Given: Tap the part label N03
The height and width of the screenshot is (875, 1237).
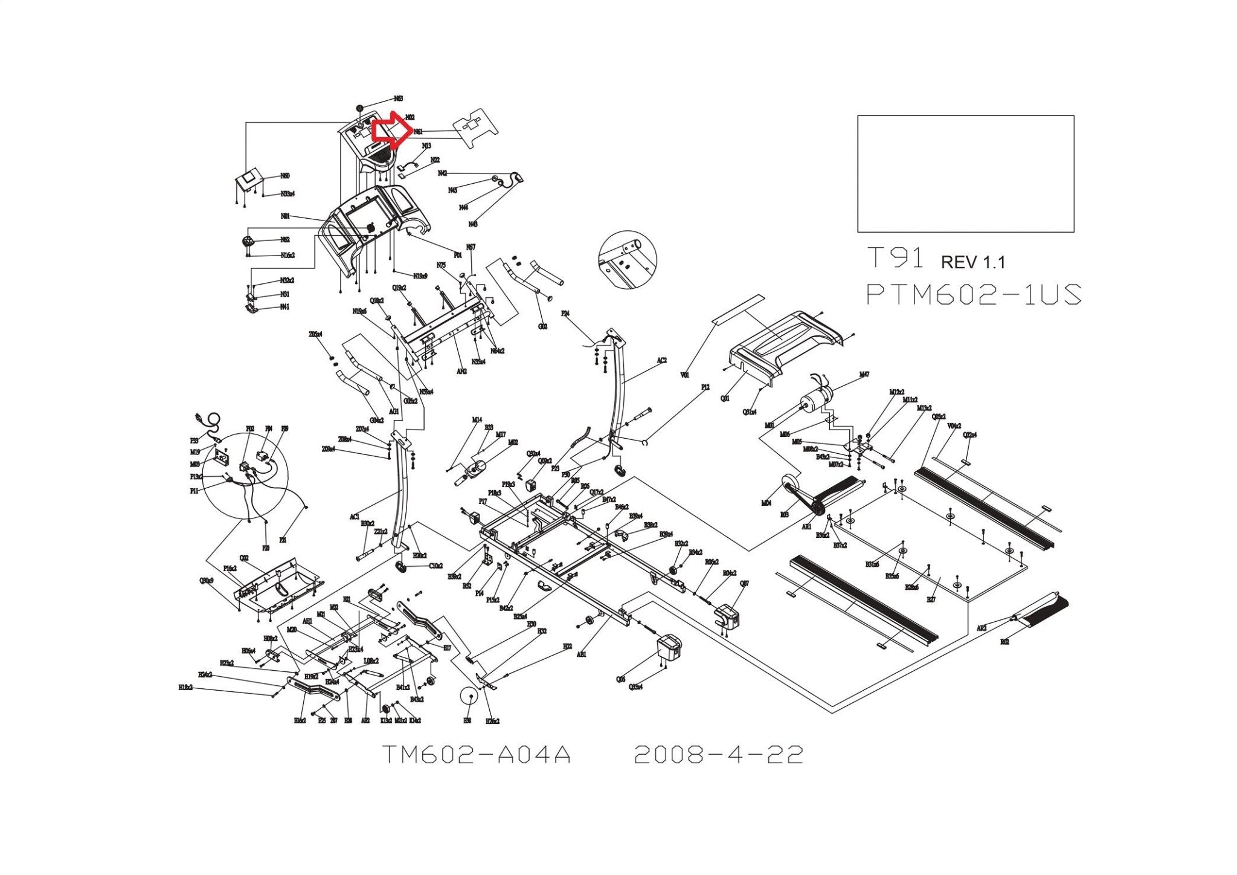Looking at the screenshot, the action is click(x=399, y=98).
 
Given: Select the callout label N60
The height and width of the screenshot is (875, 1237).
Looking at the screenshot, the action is click(x=285, y=176).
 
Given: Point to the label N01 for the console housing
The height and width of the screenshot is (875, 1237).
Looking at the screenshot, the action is click(x=286, y=216).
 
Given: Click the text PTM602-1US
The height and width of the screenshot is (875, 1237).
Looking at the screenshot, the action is click(x=973, y=295).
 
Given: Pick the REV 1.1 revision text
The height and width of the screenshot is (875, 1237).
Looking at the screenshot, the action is click(x=973, y=262).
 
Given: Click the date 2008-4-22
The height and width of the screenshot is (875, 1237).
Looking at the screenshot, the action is click(x=718, y=755).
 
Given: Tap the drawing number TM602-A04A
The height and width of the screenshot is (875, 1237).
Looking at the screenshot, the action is click(x=477, y=755).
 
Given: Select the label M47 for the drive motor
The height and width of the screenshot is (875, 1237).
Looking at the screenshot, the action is click(x=864, y=375).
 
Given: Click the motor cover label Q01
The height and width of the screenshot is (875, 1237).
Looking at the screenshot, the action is click(x=725, y=399).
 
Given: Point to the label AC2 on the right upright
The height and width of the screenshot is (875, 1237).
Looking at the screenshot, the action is click(x=662, y=361).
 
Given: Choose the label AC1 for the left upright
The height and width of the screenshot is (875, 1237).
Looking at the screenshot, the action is click(x=355, y=517).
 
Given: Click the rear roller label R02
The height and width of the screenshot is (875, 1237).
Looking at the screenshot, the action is click(x=1004, y=642).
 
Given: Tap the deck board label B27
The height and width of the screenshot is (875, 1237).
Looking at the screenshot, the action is click(x=931, y=599).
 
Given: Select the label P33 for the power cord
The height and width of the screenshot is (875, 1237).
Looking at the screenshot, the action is click(x=194, y=441).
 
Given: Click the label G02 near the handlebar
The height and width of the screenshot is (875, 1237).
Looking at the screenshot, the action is click(x=543, y=326).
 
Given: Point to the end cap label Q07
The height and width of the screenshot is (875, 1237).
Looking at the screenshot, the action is click(x=745, y=584).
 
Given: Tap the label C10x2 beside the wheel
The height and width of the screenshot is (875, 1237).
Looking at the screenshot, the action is click(x=436, y=566).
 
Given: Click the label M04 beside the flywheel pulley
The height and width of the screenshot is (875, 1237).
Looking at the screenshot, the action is click(x=766, y=503).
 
